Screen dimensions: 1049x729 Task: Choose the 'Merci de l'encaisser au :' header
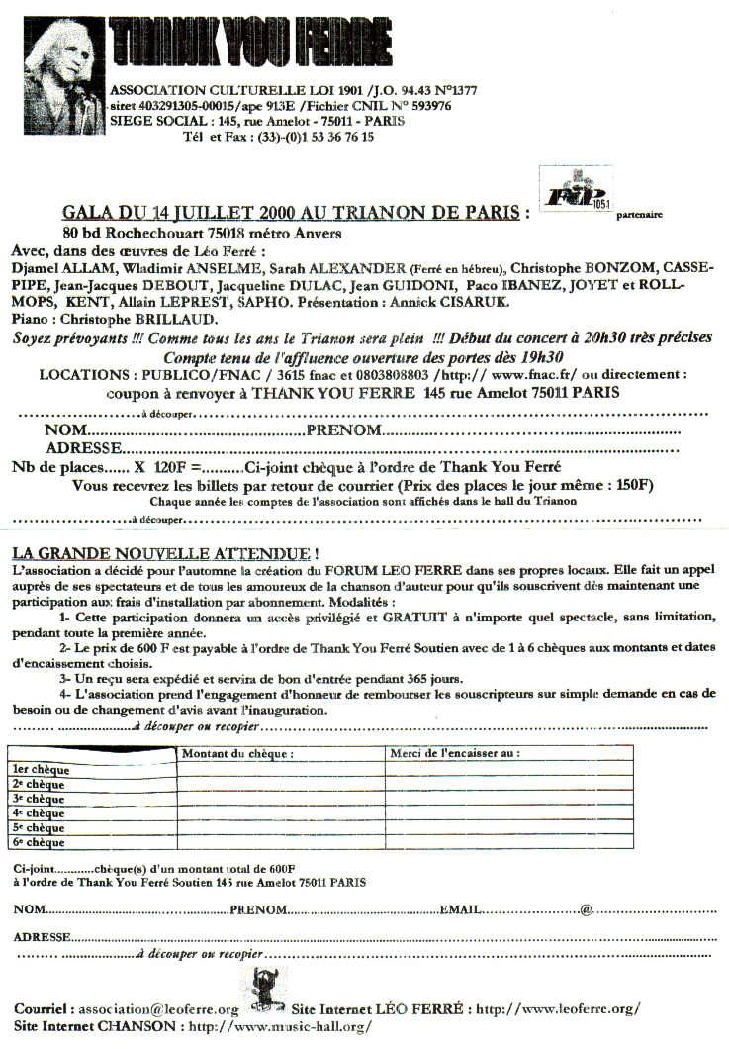point(455,754)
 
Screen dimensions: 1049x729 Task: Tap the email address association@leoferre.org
point(158,1009)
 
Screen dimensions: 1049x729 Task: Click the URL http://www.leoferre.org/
point(558,1009)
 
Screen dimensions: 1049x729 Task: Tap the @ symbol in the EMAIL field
point(586,909)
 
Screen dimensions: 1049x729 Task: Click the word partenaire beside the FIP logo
point(639,213)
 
